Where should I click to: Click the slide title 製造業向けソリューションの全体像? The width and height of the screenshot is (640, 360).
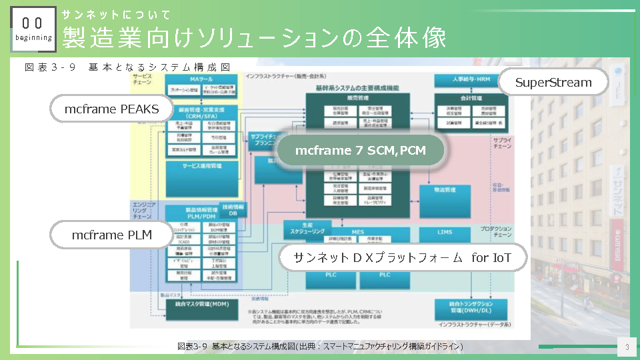coord(253,38)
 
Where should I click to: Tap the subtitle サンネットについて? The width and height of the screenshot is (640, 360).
coord(117,15)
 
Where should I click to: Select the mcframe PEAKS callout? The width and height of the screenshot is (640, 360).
coord(112,109)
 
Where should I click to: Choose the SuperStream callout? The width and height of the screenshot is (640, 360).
coord(553,83)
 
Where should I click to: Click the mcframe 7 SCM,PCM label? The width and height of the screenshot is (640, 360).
coord(360,151)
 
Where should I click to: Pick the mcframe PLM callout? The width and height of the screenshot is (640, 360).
coord(112,235)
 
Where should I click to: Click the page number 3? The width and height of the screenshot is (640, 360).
coord(627,347)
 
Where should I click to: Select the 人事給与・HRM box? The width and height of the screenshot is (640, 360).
coord(470,79)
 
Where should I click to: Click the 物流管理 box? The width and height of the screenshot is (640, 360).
coord(445,191)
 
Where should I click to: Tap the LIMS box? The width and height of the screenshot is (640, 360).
coord(445,231)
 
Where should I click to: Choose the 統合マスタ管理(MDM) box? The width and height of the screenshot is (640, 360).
coord(201,305)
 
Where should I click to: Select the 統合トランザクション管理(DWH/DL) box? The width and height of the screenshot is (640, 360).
coord(470,307)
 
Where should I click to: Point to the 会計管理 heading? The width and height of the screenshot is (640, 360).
coord(470,97)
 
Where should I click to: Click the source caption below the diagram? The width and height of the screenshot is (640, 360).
coord(320,347)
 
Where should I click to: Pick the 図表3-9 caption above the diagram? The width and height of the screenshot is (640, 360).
coord(127,67)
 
